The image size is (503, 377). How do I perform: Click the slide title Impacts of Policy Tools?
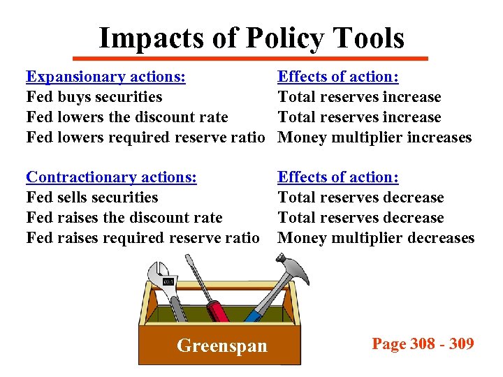point(251,38)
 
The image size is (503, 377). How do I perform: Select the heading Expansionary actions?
point(105,77)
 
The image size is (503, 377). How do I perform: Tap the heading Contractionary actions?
point(111,177)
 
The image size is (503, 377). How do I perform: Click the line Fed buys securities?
point(94,97)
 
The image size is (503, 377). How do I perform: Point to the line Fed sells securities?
point(92,198)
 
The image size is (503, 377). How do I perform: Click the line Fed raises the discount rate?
point(124,218)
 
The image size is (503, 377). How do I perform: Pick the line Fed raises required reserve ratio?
point(143,238)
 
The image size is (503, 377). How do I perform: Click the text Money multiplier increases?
point(374,138)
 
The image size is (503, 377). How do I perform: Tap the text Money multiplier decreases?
point(376,238)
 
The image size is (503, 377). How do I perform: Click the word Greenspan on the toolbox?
point(222,346)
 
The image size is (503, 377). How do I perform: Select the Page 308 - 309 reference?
point(423,343)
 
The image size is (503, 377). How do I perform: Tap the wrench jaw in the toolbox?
point(161,272)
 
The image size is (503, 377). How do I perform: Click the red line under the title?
point(251,58)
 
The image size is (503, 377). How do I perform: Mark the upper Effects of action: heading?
point(338,77)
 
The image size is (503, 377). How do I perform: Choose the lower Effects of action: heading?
point(338,177)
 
